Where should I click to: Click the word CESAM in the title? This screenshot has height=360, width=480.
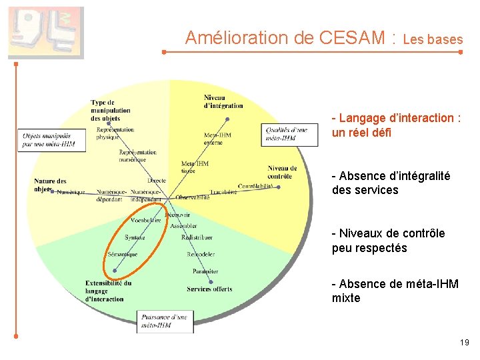(351, 38)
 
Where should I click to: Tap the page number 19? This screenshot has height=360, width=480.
(464, 343)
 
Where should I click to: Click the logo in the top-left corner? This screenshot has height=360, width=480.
(46, 33)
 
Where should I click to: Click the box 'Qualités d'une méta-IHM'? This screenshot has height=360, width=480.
(286, 134)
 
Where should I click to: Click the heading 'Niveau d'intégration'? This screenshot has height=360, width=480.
(223, 101)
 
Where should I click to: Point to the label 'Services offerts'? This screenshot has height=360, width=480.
(209, 289)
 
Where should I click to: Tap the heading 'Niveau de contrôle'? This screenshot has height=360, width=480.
(282, 173)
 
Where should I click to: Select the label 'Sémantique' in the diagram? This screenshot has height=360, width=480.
(123, 254)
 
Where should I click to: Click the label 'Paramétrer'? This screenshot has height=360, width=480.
(205, 271)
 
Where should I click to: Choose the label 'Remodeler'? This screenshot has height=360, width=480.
(201, 254)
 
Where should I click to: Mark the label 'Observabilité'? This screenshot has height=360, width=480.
(193, 197)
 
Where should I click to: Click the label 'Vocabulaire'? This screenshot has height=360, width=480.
(146, 220)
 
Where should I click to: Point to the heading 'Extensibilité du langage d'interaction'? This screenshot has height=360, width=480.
(108, 291)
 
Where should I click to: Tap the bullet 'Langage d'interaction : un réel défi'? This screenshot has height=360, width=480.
(396, 125)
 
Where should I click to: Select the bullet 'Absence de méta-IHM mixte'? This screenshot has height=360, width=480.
(395, 291)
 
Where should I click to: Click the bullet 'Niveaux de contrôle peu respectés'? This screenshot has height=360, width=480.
(389, 241)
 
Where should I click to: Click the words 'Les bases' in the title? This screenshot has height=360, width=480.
(433, 40)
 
